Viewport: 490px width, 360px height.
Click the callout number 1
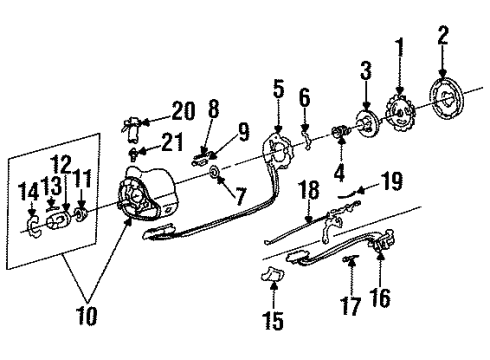[x=401, y=47]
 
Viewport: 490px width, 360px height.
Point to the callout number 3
[x=365, y=70]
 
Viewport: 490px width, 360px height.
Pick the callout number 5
[x=278, y=92]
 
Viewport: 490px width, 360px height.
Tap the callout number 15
[x=272, y=322]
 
